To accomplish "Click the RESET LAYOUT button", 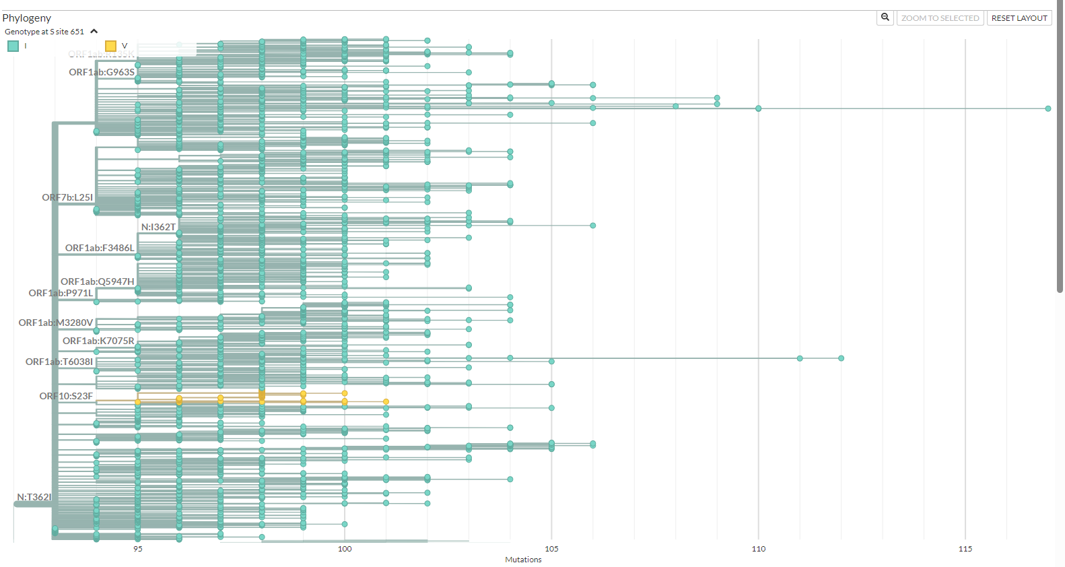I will (x=1019, y=18).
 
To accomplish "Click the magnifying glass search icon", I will (x=885, y=18).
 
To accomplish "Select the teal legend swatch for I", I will (x=13, y=46).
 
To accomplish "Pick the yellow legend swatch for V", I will (x=111, y=46).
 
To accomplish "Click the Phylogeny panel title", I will (x=27, y=18).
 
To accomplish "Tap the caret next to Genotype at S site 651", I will (x=94, y=32).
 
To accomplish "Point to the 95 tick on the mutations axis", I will (x=138, y=549).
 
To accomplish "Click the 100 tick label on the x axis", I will (x=345, y=549).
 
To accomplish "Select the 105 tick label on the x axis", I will (x=551, y=549).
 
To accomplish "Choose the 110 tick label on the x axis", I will (x=759, y=549).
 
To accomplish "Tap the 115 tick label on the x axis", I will (x=965, y=549).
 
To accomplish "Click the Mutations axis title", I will (x=523, y=560).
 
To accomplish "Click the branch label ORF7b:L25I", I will (x=67, y=197).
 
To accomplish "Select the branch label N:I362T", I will (x=158, y=227).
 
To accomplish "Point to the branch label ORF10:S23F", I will (x=66, y=396).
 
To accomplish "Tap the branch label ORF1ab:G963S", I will (x=102, y=72).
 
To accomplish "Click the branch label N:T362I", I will (x=34, y=497).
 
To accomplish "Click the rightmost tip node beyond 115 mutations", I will (x=1048, y=108).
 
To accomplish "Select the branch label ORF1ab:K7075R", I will (x=98, y=341).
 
